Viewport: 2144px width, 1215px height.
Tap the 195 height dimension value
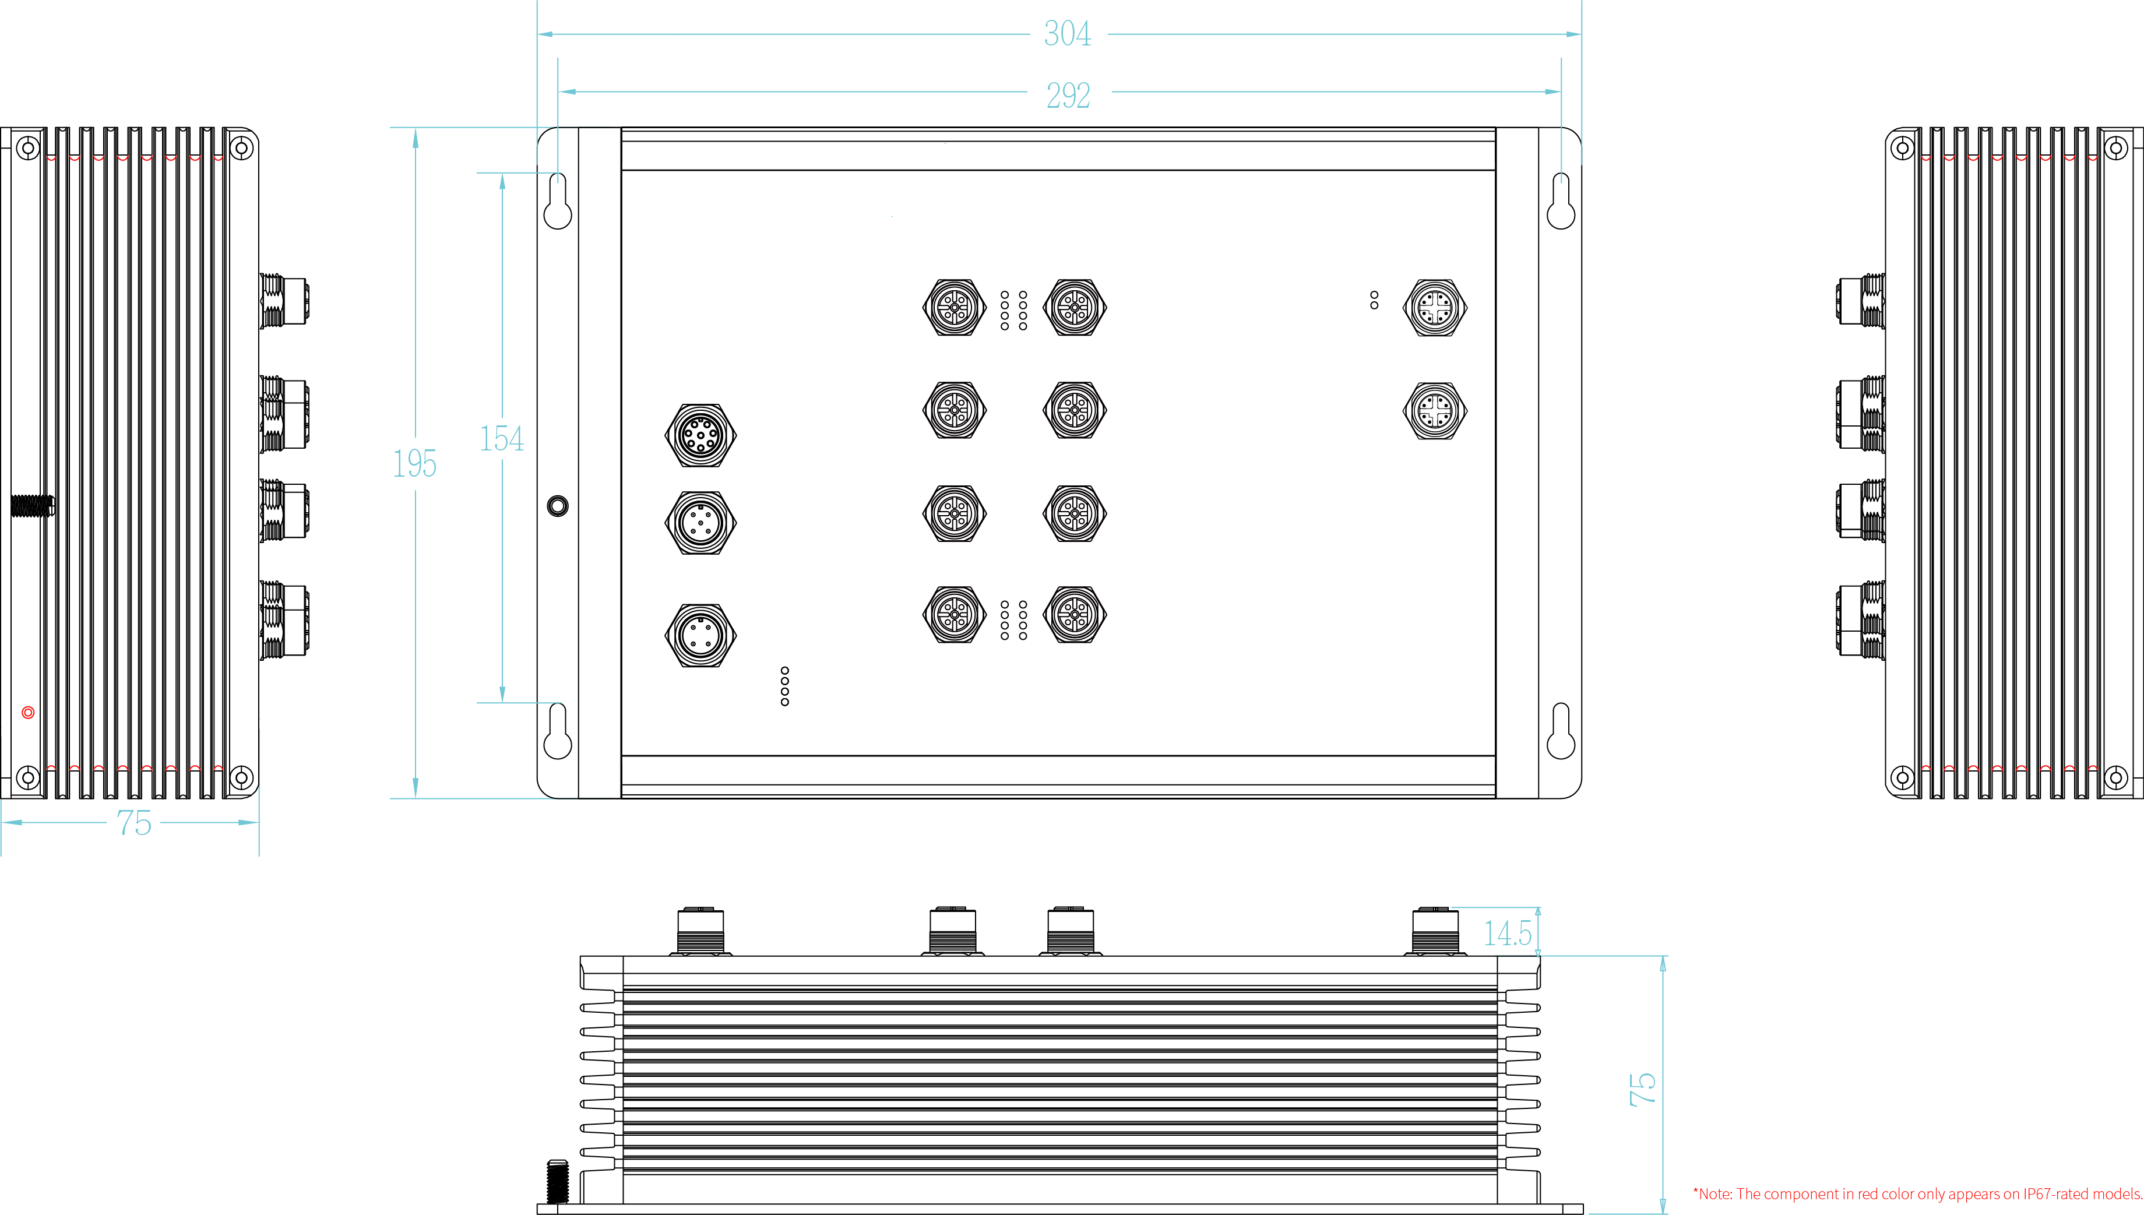[x=414, y=463]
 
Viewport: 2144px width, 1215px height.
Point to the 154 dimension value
[x=501, y=439]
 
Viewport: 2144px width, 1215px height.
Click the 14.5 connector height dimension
[x=1508, y=933]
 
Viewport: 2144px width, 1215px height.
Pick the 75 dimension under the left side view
[x=133, y=823]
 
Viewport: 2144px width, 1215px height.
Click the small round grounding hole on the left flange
[x=557, y=506]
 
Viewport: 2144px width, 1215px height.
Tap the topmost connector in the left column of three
[x=700, y=435]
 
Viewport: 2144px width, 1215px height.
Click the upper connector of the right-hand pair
[x=1435, y=307]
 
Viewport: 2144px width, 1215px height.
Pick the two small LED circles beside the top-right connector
[x=1374, y=301]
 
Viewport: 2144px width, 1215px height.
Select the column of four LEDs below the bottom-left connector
[x=785, y=686]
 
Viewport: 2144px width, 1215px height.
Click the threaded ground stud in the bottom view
[x=557, y=1181]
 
